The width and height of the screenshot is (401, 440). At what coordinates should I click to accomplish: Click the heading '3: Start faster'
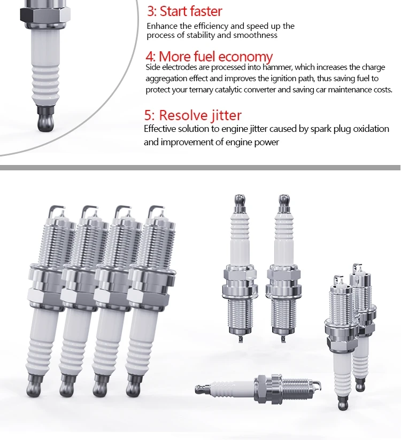184,11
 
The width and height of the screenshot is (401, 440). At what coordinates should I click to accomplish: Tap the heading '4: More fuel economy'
209,57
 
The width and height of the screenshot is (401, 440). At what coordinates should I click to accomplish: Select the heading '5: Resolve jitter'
193,115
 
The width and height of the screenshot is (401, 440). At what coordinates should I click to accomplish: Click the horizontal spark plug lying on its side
258,389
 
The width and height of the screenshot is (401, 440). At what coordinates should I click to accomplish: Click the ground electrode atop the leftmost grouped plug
54,211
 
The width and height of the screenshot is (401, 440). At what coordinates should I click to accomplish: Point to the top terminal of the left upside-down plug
240,201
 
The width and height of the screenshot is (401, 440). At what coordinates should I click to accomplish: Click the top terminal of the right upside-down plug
284,201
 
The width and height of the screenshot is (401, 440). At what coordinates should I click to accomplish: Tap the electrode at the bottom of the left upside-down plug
240,339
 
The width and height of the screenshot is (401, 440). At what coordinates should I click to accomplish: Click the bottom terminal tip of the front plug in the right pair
343,403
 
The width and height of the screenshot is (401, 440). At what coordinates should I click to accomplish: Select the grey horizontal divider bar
200,168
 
